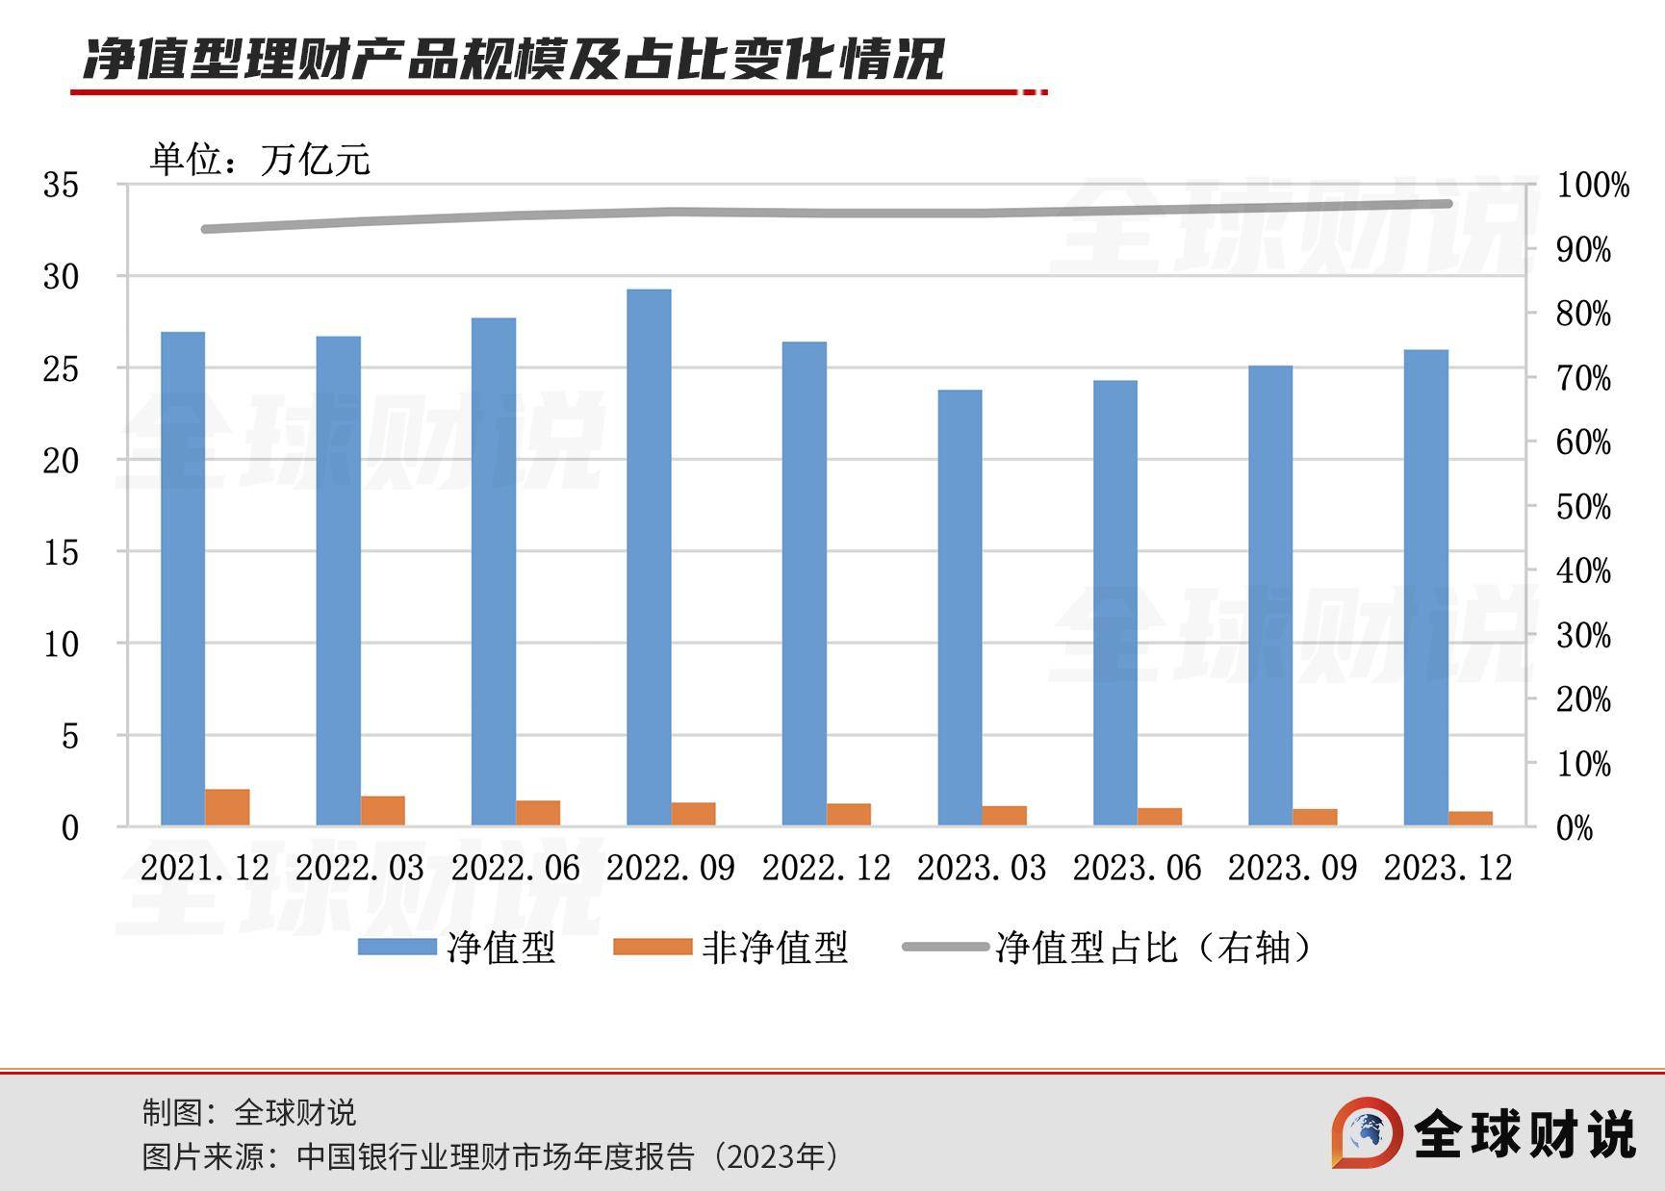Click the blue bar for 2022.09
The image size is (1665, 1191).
[649, 557]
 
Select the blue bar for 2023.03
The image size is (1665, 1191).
[960, 607]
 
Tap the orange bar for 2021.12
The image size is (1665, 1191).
[227, 807]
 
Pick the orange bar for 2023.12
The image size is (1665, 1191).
[1471, 818]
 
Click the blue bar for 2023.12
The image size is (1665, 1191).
[1425, 587]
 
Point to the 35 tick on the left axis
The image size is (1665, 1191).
[61, 185]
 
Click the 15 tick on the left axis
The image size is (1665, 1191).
[61, 552]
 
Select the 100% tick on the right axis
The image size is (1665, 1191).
[1592, 186]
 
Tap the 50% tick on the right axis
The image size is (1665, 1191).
[1583, 507]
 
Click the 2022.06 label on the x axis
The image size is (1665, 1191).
[515, 869]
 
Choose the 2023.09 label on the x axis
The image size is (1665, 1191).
[1292, 869]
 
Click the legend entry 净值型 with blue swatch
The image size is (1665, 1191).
[456, 948]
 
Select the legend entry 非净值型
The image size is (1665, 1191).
[731, 948]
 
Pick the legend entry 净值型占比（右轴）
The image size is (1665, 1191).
[1107, 948]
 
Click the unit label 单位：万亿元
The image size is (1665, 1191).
[259, 160]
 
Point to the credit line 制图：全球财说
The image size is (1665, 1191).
[249, 1112]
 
